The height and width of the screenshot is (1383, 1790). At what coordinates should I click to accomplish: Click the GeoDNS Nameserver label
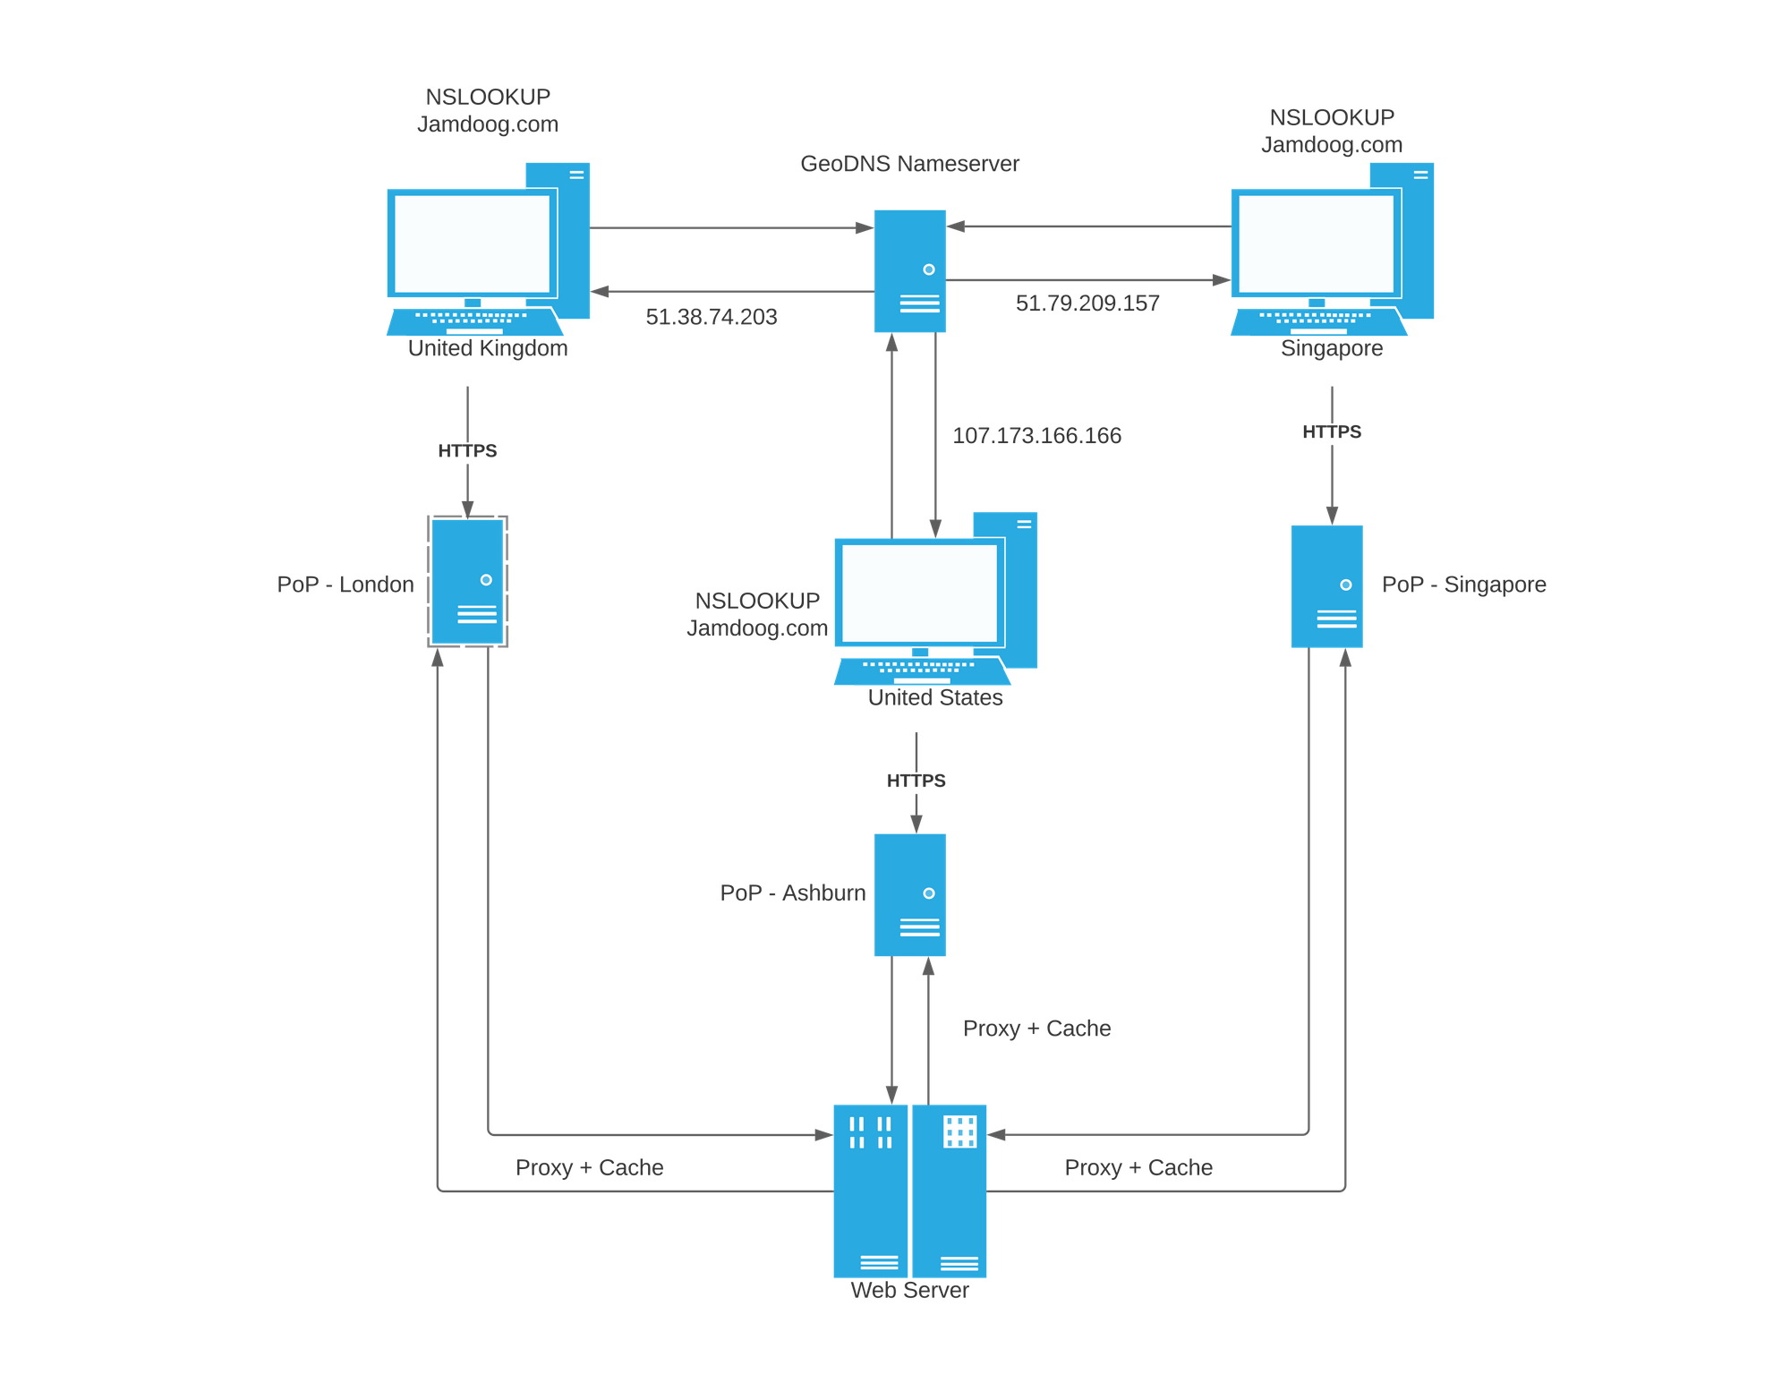pyautogui.click(x=909, y=164)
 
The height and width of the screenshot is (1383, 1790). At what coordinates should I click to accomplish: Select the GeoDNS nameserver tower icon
pyautogui.click(x=909, y=270)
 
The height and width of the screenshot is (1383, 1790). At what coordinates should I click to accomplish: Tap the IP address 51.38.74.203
pyautogui.click(x=712, y=316)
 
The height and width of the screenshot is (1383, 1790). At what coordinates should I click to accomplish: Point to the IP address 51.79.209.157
pyautogui.click(x=1087, y=303)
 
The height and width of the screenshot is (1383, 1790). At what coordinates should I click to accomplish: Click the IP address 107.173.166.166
pyautogui.click(x=1036, y=436)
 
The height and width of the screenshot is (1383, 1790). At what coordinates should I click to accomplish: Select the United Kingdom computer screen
pyautogui.click(x=472, y=243)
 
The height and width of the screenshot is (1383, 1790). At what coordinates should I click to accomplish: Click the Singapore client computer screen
pyautogui.click(x=1316, y=243)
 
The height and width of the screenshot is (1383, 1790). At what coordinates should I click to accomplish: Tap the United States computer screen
pyautogui.click(x=919, y=593)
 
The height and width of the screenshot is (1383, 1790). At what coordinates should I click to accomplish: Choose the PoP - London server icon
pyautogui.click(x=467, y=582)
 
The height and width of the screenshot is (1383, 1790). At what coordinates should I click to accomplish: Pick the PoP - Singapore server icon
pyautogui.click(x=1326, y=586)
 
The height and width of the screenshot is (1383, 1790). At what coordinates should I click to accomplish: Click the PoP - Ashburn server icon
pyautogui.click(x=909, y=895)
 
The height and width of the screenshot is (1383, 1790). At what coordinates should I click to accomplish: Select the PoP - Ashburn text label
pyautogui.click(x=793, y=893)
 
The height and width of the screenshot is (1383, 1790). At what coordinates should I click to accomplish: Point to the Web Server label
pyautogui.click(x=909, y=1290)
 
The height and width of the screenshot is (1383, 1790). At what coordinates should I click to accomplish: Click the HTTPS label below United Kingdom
pyautogui.click(x=467, y=450)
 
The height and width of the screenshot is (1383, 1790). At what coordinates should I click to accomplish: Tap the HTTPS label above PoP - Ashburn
pyautogui.click(x=916, y=781)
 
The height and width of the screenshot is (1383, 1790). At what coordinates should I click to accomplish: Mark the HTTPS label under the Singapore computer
pyautogui.click(x=1332, y=432)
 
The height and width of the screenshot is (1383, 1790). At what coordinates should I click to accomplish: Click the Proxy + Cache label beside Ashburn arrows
pyautogui.click(x=1036, y=1029)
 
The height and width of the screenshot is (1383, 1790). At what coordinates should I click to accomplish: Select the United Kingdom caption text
pyautogui.click(x=488, y=348)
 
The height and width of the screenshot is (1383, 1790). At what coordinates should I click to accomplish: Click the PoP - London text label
pyautogui.click(x=345, y=585)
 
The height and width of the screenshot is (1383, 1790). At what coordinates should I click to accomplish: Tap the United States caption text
pyautogui.click(x=935, y=697)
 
